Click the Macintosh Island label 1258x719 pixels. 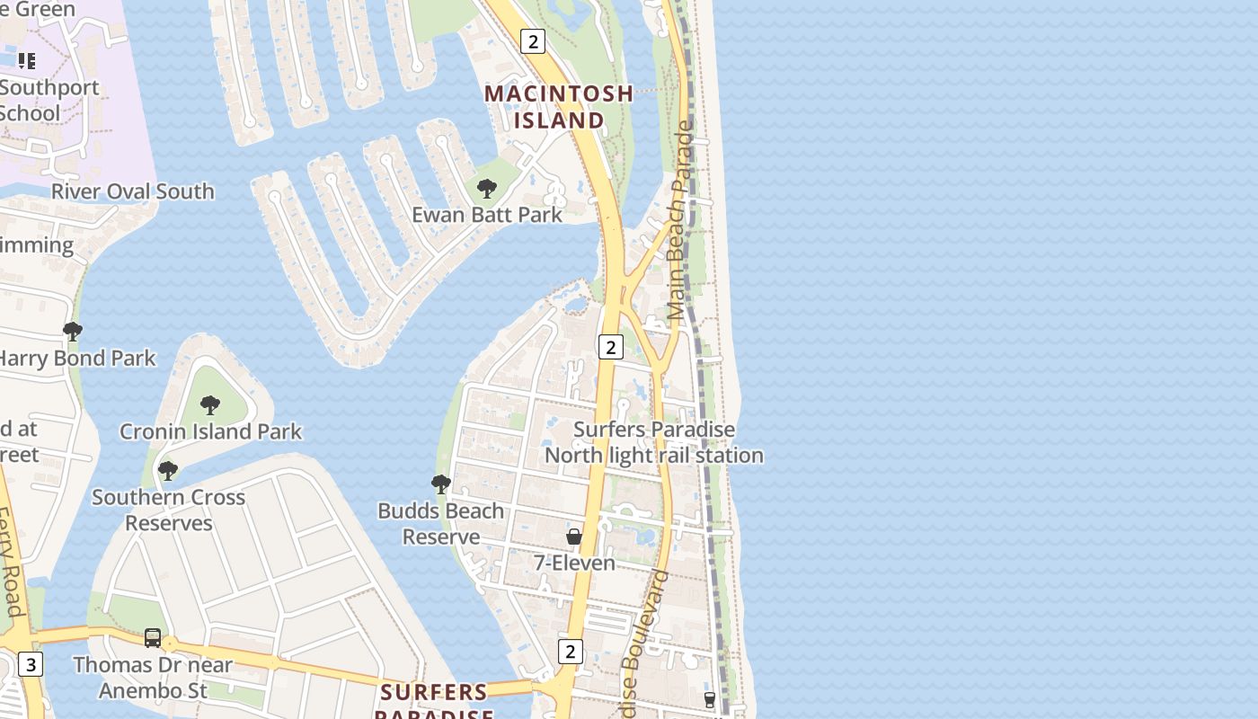click(x=559, y=106)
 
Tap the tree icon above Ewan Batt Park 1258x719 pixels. click(x=486, y=189)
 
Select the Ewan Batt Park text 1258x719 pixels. click(x=486, y=215)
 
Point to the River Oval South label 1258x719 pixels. click(x=132, y=191)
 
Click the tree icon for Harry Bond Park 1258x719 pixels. click(x=73, y=332)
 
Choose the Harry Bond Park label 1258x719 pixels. click(x=77, y=358)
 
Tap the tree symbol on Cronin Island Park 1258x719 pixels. click(x=210, y=405)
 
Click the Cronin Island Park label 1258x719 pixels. click(x=210, y=431)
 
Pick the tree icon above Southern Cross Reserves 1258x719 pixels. click(x=167, y=470)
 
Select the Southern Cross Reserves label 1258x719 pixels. click(x=168, y=510)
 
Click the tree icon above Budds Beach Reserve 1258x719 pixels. click(x=440, y=484)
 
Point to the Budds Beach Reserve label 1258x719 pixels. click(x=440, y=523)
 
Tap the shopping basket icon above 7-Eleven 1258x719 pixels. click(x=574, y=537)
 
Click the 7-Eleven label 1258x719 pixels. click(x=574, y=563)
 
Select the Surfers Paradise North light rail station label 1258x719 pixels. click(x=654, y=443)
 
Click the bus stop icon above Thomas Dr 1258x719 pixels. click(x=153, y=638)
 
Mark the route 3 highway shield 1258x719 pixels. click(x=31, y=664)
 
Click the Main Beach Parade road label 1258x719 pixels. click(x=681, y=220)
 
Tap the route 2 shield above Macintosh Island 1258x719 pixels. click(x=534, y=40)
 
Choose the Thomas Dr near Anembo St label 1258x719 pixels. click(x=153, y=678)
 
